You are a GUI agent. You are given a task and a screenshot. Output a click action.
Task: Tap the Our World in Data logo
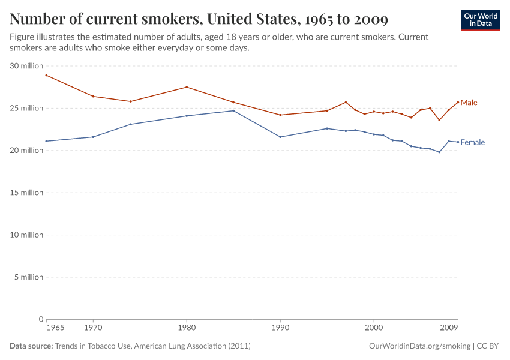coord(481,20)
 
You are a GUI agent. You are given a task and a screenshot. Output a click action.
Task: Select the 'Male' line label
coord(469,103)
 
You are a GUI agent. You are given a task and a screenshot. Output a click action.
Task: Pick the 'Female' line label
coord(472,142)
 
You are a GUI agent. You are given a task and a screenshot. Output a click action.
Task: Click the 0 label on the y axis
coord(41,319)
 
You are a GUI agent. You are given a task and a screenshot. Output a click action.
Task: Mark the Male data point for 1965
coord(46,75)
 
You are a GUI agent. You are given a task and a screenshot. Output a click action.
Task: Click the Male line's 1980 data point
coord(187,87)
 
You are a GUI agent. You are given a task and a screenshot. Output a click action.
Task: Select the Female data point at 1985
coord(233,110)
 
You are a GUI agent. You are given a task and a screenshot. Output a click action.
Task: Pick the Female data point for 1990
coord(280,137)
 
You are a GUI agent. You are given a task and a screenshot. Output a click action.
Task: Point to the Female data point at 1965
coord(46,141)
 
